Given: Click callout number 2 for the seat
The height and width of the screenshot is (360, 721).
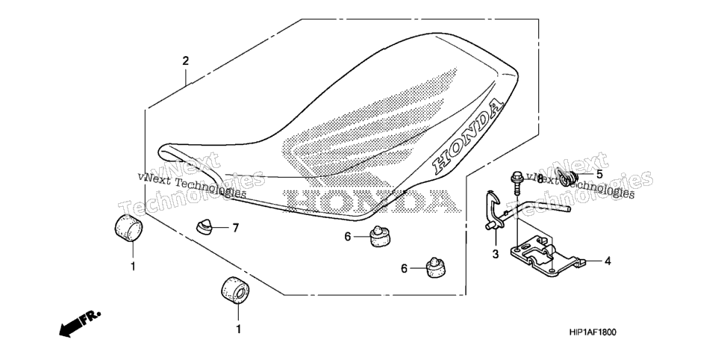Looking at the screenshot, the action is click(x=185, y=60).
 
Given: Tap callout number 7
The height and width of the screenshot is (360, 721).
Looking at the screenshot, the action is click(x=235, y=227).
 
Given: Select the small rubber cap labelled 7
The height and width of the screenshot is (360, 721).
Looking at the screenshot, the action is click(x=205, y=226).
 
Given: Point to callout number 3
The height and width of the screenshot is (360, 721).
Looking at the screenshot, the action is click(x=496, y=254).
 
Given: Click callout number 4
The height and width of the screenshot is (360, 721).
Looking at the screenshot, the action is click(x=608, y=261).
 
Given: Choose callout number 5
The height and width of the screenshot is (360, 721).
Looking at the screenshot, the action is click(x=599, y=175).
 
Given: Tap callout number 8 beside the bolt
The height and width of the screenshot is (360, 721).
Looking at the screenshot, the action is click(x=540, y=179).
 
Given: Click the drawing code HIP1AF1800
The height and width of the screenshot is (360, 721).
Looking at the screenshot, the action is click(x=593, y=332).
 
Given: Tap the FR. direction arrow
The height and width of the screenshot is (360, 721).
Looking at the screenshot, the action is click(x=80, y=323).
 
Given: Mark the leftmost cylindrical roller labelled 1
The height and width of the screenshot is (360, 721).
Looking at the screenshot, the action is click(x=128, y=227).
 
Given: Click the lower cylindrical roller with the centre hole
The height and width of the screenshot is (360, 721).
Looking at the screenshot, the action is click(x=235, y=291).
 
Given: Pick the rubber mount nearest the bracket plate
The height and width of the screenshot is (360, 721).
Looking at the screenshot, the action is click(x=435, y=267).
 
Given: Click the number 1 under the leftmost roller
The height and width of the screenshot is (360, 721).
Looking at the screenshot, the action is click(x=134, y=266).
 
